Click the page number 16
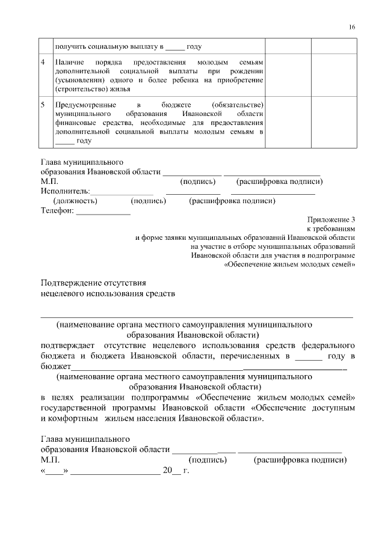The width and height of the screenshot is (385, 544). [x=352, y=27]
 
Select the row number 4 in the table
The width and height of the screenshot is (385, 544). [x=43, y=62]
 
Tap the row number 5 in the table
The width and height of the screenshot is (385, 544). [x=43, y=105]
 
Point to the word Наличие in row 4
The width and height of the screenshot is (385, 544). [x=68, y=62]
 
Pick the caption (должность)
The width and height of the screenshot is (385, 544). [x=75, y=201]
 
